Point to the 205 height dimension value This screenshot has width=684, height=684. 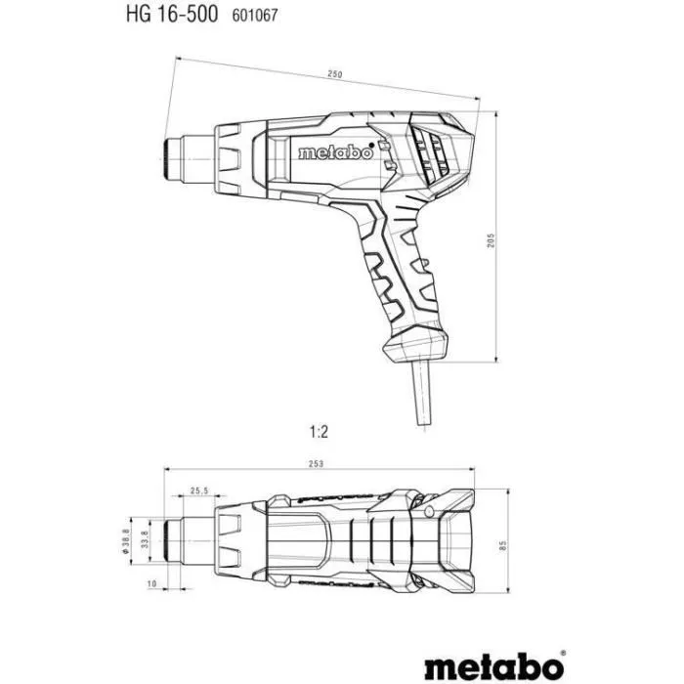492,239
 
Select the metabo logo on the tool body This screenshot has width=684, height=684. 334,152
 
